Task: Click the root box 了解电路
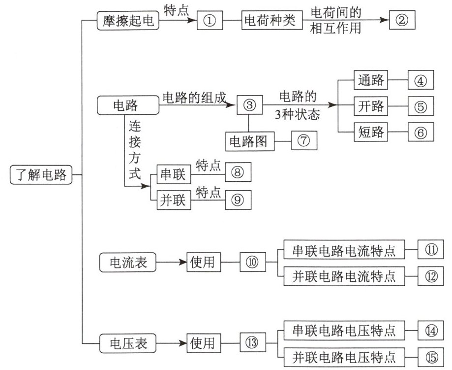(41, 175)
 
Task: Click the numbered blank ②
(402, 22)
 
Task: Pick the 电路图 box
(248, 141)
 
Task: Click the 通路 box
(371, 80)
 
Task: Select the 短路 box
(371, 132)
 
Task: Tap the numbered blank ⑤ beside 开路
(420, 106)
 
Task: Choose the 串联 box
(173, 173)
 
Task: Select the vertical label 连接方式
(134, 150)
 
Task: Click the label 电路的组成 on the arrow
(194, 98)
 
